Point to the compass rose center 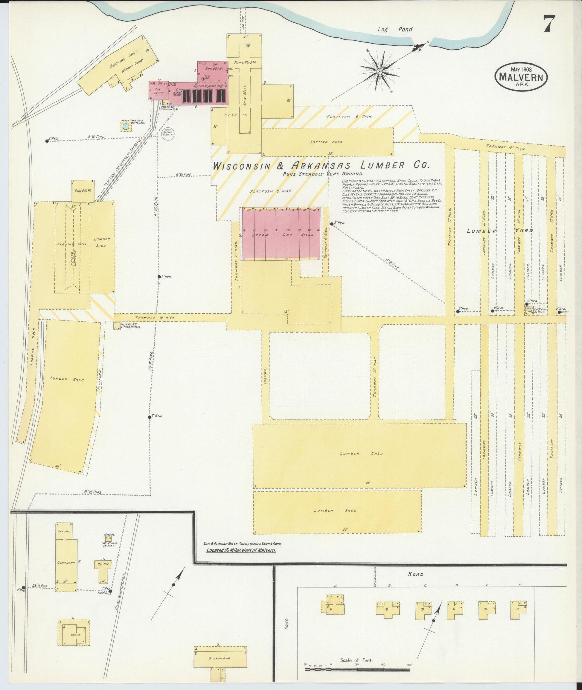(380, 71)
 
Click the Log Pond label (395, 29)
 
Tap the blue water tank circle (126, 126)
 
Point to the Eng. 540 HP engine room (83, 191)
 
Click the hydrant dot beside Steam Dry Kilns (332, 224)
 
